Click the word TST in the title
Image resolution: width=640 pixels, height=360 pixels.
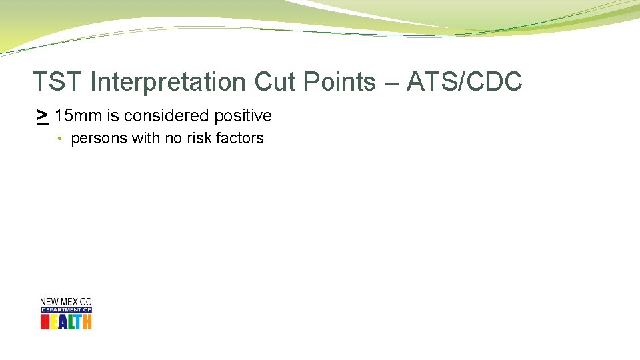(x=58, y=82)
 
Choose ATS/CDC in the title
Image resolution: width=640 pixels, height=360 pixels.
(x=464, y=82)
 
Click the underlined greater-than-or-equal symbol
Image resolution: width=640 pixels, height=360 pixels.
(x=42, y=116)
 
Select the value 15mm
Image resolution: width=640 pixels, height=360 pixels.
(x=78, y=116)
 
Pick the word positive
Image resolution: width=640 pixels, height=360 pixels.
(x=243, y=116)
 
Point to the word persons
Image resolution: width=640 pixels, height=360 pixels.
(x=97, y=139)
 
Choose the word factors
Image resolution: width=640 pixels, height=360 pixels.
(x=240, y=139)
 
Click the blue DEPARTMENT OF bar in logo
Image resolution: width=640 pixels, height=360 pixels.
(x=66, y=310)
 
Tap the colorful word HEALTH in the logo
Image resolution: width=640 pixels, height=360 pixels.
(x=66, y=321)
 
